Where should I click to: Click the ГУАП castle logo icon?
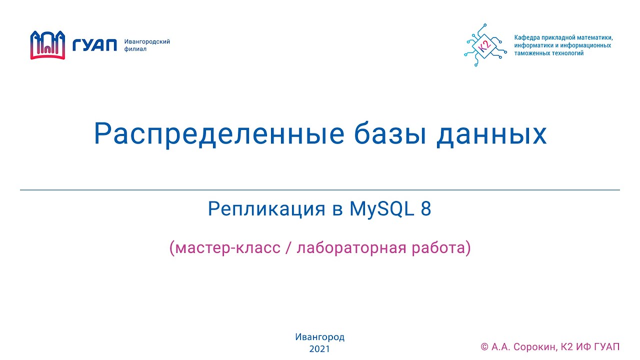48,45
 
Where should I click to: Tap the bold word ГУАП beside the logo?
94,45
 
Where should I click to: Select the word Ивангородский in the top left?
147,41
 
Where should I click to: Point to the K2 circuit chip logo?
484,45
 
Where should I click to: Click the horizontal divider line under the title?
320,190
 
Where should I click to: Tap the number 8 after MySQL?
425,209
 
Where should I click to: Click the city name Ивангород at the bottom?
320,337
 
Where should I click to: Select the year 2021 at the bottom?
320,349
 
